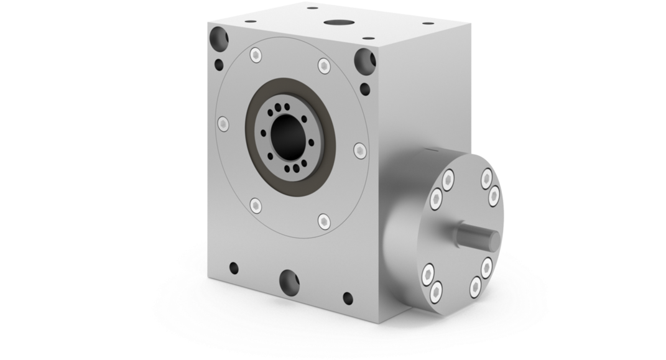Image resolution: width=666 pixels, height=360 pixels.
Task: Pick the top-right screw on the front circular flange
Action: tap(323, 65)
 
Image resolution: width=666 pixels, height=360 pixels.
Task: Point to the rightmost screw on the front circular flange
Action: tap(359, 149)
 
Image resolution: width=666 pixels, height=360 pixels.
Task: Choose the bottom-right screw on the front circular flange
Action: tap(323, 220)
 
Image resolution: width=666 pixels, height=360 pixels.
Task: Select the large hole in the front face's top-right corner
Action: tap(363, 61)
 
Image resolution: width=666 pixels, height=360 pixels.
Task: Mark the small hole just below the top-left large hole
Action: tap(219, 64)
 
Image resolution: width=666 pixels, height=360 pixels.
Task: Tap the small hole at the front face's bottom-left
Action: tap(234, 268)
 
